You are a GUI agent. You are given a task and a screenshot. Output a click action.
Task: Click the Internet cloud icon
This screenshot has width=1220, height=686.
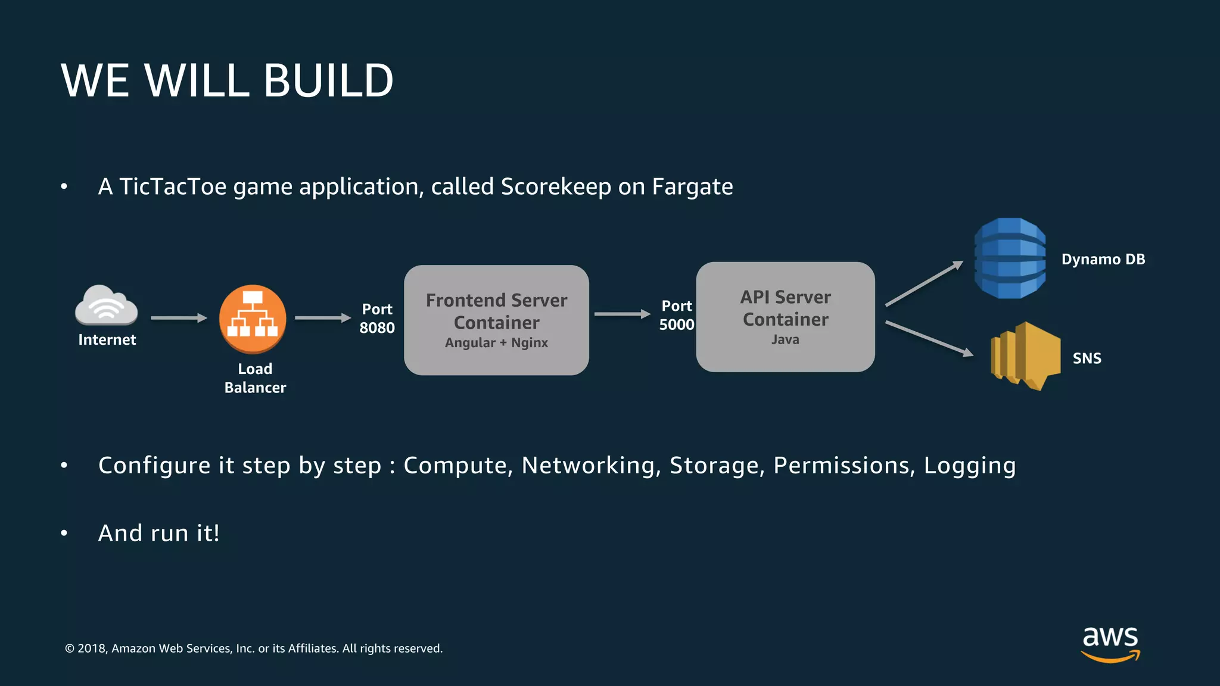tap(106, 305)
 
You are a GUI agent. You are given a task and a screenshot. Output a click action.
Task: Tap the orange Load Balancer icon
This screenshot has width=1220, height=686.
tap(253, 319)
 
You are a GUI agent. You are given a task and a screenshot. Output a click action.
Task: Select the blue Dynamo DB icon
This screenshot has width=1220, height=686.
tap(1010, 258)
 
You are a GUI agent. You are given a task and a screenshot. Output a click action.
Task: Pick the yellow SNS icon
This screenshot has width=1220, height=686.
tap(1025, 356)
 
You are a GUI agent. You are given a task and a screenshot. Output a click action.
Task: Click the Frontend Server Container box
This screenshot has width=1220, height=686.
tap(496, 320)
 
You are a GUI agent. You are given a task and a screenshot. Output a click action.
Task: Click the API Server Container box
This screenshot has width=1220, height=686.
tap(785, 317)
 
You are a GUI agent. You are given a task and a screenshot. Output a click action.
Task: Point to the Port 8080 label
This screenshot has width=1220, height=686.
tap(377, 318)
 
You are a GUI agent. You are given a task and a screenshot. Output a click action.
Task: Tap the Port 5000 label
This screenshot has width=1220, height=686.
tap(677, 315)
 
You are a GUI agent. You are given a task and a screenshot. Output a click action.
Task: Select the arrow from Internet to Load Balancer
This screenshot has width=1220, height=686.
tap(179, 318)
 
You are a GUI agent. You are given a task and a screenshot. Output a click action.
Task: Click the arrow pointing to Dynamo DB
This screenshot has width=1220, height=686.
tap(924, 283)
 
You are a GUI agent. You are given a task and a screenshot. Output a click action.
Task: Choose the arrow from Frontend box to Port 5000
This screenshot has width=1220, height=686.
tap(622, 314)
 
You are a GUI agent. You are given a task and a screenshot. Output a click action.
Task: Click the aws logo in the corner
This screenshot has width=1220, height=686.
tap(1110, 643)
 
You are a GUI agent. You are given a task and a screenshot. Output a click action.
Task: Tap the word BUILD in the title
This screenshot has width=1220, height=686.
tap(328, 80)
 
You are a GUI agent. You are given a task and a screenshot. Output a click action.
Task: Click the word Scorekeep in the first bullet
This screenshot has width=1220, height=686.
tap(555, 186)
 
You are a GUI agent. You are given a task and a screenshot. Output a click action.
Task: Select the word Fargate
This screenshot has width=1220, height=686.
tap(692, 186)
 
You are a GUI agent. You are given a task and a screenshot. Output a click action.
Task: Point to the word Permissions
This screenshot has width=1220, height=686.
tap(844, 465)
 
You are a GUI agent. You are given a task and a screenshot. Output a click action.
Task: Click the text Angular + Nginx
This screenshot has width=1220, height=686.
tap(496, 342)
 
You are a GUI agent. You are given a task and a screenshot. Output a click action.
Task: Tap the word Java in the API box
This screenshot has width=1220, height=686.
tap(785, 339)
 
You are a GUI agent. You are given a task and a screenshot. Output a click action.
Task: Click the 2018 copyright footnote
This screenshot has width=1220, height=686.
tap(254, 648)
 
